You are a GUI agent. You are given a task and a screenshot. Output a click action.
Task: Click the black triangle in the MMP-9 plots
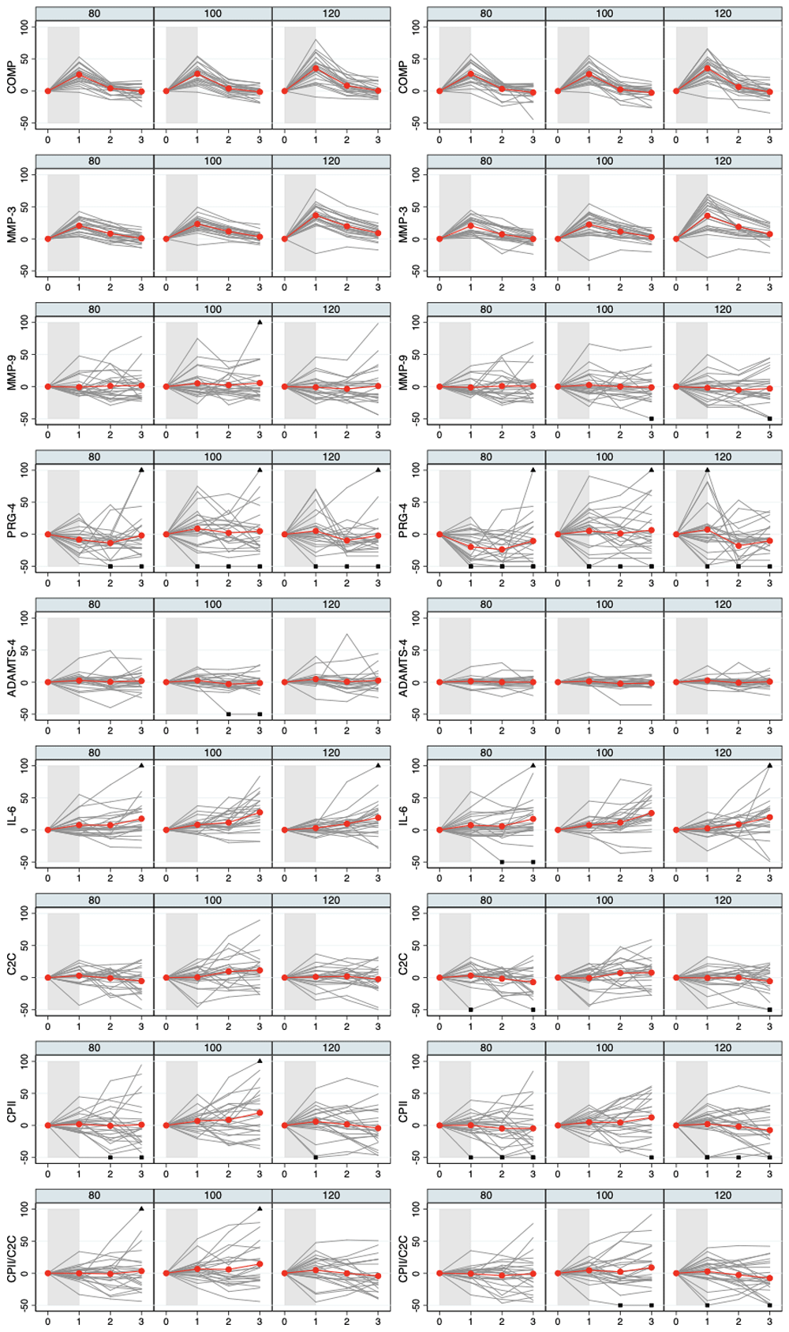pyautogui.click(x=260, y=322)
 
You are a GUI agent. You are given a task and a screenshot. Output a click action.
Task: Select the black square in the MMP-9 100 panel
pyautogui.click(x=652, y=419)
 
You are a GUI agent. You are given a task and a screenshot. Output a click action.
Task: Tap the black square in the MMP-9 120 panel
pyautogui.click(x=770, y=419)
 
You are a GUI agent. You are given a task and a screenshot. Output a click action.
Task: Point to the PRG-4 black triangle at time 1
pyautogui.click(x=707, y=470)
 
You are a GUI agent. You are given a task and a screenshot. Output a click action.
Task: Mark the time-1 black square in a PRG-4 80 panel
pyautogui.click(x=470, y=566)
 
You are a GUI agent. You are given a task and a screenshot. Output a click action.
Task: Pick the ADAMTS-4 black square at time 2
pyautogui.click(x=229, y=715)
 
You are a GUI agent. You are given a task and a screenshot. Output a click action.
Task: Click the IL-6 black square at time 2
pyautogui.click(x=502, y=862)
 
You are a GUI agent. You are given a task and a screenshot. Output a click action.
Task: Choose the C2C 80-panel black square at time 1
pyautogui.click(x=470, y=1009)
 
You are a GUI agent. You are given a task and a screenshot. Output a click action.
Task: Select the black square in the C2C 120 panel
pyautogui.click(x=770, y=1009)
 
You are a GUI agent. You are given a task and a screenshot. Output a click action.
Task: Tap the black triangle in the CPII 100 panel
pyautogui.click(x=260, y=1061)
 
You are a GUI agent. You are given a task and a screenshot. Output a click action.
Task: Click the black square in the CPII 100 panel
pyautogui.click(x=652, y=1158)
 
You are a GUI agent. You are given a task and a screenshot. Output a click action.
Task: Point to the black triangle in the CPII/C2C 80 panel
pyautogui.click(x=141, y=1208)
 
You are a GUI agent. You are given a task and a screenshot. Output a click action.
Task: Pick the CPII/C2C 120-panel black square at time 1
pyautogui.click(x=707, y=1305)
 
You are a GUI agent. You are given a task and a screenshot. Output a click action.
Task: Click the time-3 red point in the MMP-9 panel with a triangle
pyautogui.click(x=260, y=383)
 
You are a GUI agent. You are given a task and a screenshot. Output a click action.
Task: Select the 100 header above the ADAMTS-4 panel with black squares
pyautogui.click(x=213, y=605)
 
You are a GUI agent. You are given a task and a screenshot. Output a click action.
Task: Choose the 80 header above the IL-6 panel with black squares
pyautogui.click(x=486, y=752)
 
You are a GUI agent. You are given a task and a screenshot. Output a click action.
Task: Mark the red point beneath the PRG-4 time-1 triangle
pyautogui.click(x=707, y=529)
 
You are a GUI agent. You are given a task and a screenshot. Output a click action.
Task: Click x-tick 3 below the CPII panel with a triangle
pyautogui.click(x=260, y=1174)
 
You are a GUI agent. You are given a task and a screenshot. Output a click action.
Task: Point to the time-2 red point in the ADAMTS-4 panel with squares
pyautogui.click(x=229, y=684)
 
